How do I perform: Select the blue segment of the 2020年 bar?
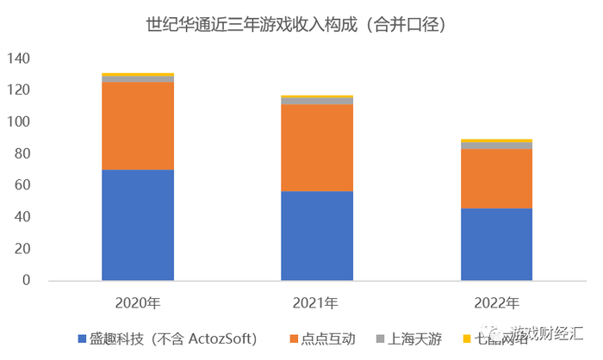click(137, 225)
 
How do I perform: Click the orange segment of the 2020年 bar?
click(137, 127)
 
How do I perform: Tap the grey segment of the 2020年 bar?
click(137, 79)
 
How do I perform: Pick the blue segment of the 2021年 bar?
click(317, 236)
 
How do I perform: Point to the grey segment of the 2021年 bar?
click(317, 102)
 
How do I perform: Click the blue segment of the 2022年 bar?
click(496, 245)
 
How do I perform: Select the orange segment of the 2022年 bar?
click(496, 179)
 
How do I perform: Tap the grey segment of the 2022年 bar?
click(496, 146)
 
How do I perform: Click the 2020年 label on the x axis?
click(137, 302)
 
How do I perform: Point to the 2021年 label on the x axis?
click(317, 302)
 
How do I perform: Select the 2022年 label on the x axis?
click(496, 302)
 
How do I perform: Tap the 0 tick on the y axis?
click(26, 280)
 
